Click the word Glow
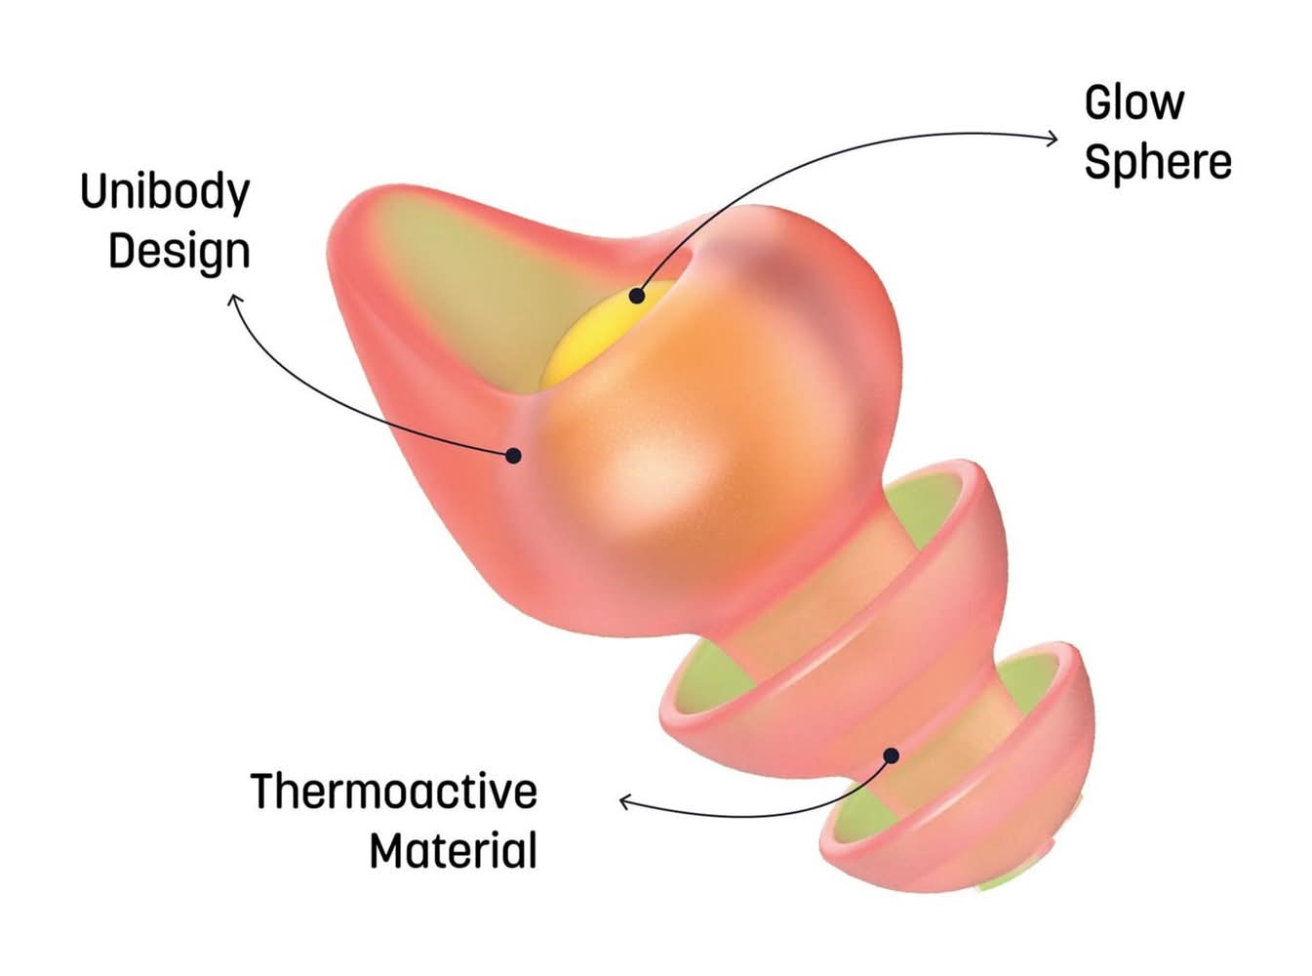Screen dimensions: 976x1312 (x=1133, y=102)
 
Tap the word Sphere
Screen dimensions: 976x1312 (x=1157, y=162)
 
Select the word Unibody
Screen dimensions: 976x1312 (x=164, y=192)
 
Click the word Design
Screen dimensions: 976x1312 (x=179, y=252)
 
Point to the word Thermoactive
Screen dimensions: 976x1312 (x=393, y=791)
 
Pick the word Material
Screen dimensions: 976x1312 (x=453, y=850)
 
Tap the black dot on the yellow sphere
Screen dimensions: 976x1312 (x=637, y=295)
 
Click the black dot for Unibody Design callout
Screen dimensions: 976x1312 (x=513, y=455)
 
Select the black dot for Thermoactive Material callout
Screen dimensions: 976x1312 (x=891, y=754)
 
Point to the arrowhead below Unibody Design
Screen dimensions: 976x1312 (x=234, y=300)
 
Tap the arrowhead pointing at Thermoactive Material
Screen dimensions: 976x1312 (x=625, y=802)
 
